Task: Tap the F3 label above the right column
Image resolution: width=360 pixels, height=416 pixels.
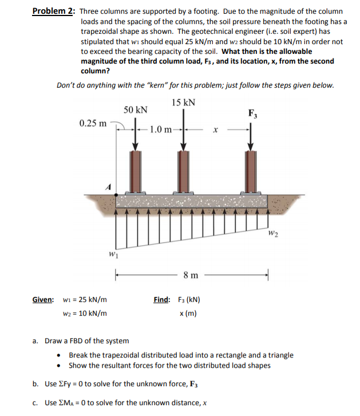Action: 252,113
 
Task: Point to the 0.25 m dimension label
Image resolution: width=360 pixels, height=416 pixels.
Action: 93,123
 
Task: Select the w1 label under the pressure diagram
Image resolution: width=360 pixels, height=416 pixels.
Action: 114,254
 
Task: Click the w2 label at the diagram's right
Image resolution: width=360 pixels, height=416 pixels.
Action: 275,232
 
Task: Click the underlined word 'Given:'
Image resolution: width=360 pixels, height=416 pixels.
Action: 43,300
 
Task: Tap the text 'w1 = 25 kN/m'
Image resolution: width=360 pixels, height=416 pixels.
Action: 84,300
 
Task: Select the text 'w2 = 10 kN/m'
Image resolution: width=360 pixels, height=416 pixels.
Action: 84,313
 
